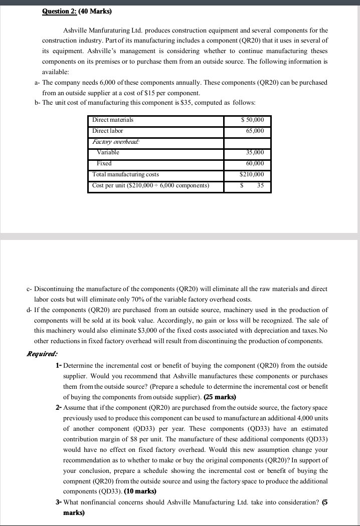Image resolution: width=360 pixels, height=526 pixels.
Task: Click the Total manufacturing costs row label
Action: [125, 174]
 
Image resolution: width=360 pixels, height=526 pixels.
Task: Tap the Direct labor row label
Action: [108, 131]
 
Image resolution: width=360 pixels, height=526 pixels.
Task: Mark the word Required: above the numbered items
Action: [42, 354]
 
